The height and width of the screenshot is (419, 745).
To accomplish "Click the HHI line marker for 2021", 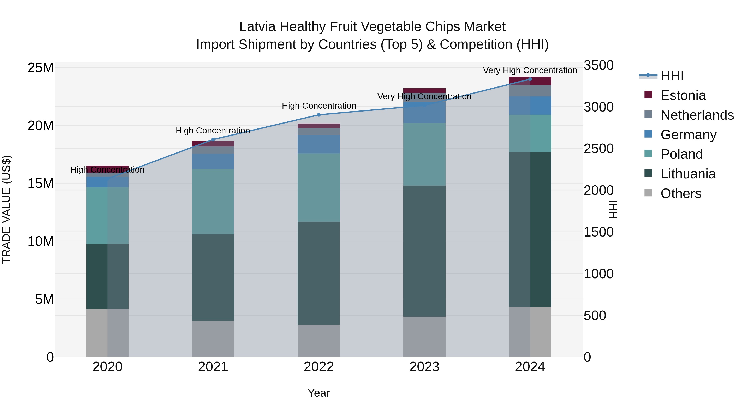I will pos(213,140).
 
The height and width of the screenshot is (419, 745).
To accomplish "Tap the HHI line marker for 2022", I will pos(319,115).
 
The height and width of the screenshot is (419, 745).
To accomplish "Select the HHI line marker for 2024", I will pos(530,79).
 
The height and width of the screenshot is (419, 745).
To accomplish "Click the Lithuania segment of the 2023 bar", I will pos(424,251).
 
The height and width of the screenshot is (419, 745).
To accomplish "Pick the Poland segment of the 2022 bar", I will pos(319,187).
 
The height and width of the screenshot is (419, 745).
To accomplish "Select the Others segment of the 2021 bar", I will pos(213,339).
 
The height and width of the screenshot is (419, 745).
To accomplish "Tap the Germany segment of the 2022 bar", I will pos(319,144).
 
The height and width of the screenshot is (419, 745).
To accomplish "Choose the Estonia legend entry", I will pos(683,95).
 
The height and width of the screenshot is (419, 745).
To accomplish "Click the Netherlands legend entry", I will pos(697,115).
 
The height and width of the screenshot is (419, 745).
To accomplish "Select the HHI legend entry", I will pos(672,76).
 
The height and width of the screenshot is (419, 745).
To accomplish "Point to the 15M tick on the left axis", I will pos(41,183).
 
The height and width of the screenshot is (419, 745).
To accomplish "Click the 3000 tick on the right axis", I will pos(598,107).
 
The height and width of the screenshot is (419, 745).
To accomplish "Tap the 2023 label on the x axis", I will pos(424,367).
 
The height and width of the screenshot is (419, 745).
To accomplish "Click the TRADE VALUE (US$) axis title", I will pos(6,209).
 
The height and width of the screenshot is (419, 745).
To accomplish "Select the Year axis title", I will pos(319,393).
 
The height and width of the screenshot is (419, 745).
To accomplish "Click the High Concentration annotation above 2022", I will pos(319,106).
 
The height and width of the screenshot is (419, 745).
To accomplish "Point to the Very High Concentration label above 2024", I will pos(530,70).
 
